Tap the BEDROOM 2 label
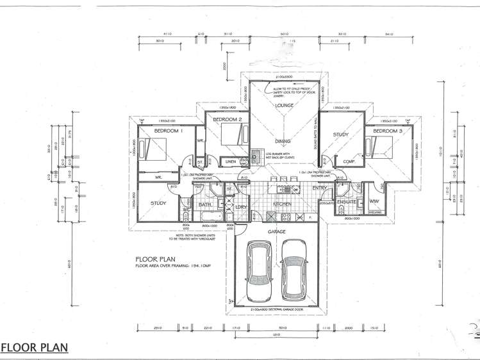227,120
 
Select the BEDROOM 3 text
388,131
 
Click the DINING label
283,142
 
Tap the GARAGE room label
277,231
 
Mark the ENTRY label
320,188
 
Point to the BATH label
204,204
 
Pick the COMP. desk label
349,161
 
